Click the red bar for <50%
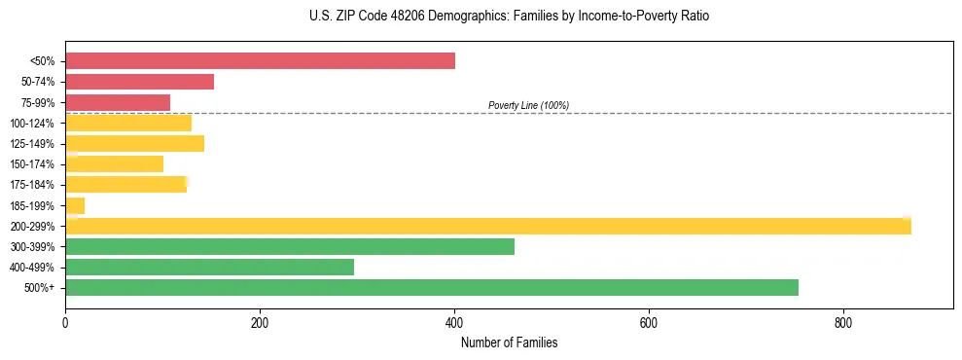(x=260, y=61)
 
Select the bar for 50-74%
(x=139, y=82)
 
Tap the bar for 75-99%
(x=118, y=102)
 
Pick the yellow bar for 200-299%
(x=487, y=226)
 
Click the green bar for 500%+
(x=431, y=287)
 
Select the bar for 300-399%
(x=289, y=246)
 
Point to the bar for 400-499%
(x=209, y=267)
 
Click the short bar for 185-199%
(x=75, y=205)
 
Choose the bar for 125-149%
(x=134, y=144)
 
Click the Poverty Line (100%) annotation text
(x=528, y=105)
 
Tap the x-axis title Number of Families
(x=509, y=343)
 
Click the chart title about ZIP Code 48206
(x=509, y=17)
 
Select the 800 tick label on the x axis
(x=843, y=322)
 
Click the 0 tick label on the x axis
(x=65, y=322)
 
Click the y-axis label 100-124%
(x=32, y=124)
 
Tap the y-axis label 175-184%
(x=32, y=185)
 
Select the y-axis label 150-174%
(x=32, y=164)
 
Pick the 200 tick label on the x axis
(x=260, y=322)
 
